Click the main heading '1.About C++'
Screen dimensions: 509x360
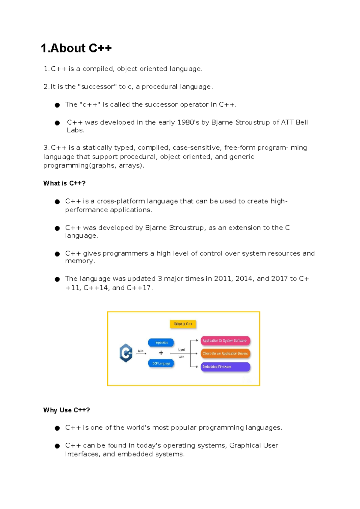(76, 48)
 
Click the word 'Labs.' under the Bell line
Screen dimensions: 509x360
(76, 130)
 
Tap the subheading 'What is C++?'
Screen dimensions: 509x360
(64, 183)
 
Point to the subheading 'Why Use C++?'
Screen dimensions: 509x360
(67, 410)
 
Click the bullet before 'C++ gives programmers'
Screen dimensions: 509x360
(57, 254)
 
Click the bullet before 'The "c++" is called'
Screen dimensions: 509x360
(57, 105)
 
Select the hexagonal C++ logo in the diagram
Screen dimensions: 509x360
(126, 353)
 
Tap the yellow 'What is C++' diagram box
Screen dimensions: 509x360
(183, 324)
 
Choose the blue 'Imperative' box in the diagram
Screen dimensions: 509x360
(161, 342)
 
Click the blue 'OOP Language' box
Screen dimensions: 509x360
(161, 363)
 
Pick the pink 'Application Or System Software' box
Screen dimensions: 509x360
(225, 341)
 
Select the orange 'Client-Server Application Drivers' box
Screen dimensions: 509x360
(225, 354)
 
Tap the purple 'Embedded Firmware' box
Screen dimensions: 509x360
(225, 367)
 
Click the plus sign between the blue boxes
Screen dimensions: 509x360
(161, 353)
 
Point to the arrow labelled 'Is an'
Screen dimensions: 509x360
(141, 354)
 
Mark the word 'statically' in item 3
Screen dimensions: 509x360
(97, 148)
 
